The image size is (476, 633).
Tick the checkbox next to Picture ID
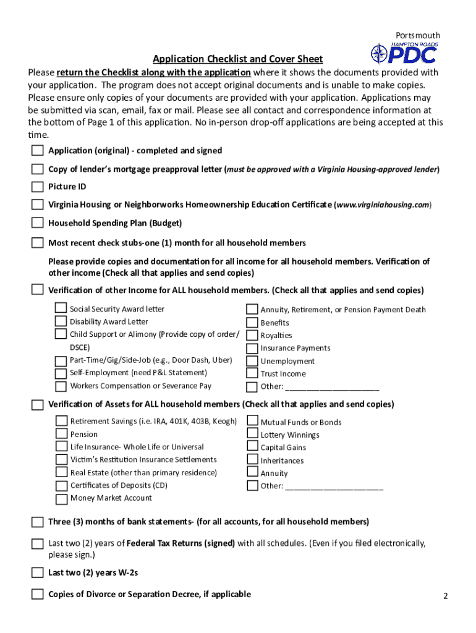(38, 187)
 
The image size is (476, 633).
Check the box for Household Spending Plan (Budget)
(38, 223)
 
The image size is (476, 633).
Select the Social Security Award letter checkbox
(61, 308)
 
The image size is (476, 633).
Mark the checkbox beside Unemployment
(252, 361)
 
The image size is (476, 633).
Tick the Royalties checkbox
(252, 335)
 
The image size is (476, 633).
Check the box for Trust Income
(252, 373)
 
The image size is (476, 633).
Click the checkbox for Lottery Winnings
(252, 435)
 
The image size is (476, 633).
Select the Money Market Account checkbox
(61, 499)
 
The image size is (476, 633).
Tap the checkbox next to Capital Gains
(252, 447)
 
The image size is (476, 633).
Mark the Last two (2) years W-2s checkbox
(38, 573)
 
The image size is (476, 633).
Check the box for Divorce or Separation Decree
(38, 595)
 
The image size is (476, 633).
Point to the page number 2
(444, 597)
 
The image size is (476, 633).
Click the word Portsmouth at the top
(418, 35)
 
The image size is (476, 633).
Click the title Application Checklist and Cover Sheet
(237, 59)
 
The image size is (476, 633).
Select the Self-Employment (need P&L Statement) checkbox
(61, 373)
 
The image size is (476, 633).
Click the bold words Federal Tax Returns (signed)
(181, 543)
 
